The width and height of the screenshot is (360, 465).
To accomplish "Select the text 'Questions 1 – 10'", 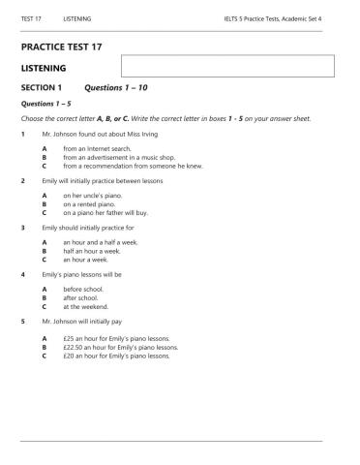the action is point(114,87).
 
